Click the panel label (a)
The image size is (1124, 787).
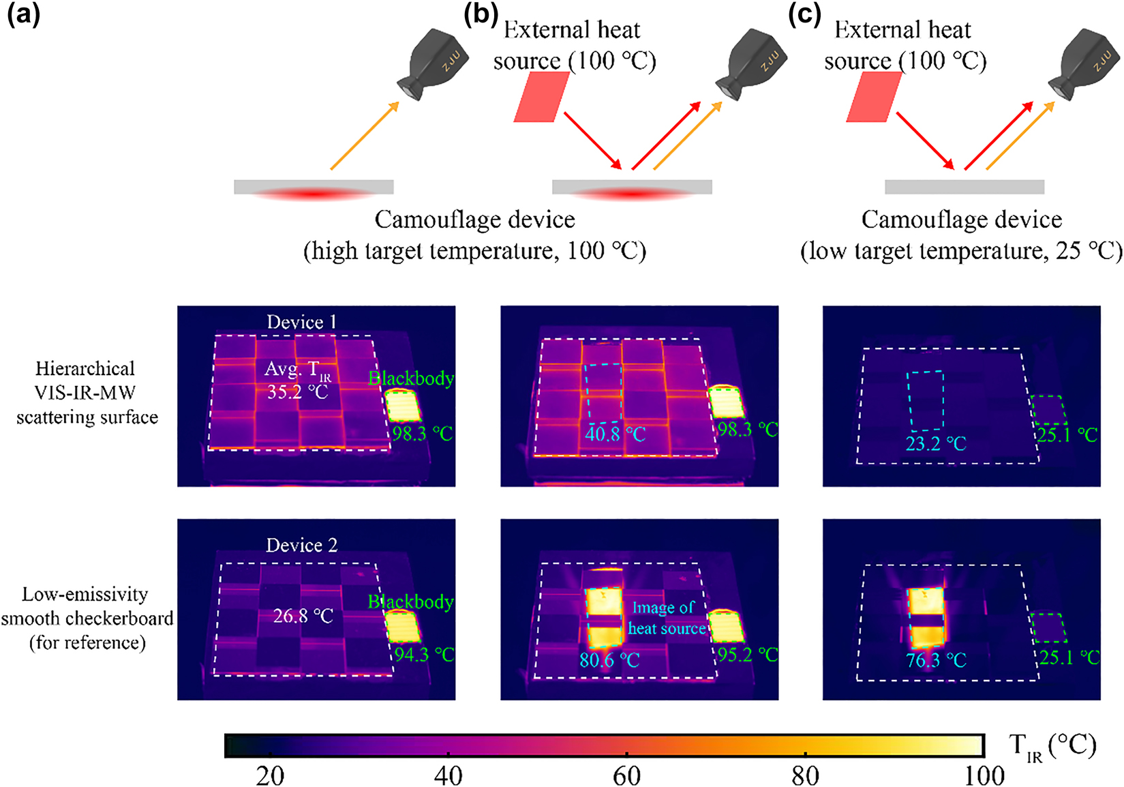[23, 14]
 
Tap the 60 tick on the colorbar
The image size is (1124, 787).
[626, 775]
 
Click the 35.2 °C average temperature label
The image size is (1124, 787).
[297, 392]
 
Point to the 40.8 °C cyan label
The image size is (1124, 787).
[615, 434]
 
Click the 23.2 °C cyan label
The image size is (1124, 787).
[936, 444]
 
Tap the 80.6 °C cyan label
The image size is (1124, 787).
[609, 660]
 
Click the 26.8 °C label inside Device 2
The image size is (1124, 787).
[303, 617]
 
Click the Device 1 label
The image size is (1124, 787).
[301, 322]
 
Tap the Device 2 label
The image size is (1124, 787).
[301, 546]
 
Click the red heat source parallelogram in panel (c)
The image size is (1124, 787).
[874, 97]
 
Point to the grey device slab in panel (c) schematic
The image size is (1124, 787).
[964, 187]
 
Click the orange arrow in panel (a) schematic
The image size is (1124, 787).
[365, 136]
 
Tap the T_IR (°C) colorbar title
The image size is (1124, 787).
[1052, 747]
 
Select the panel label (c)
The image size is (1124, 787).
[804, 14]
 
